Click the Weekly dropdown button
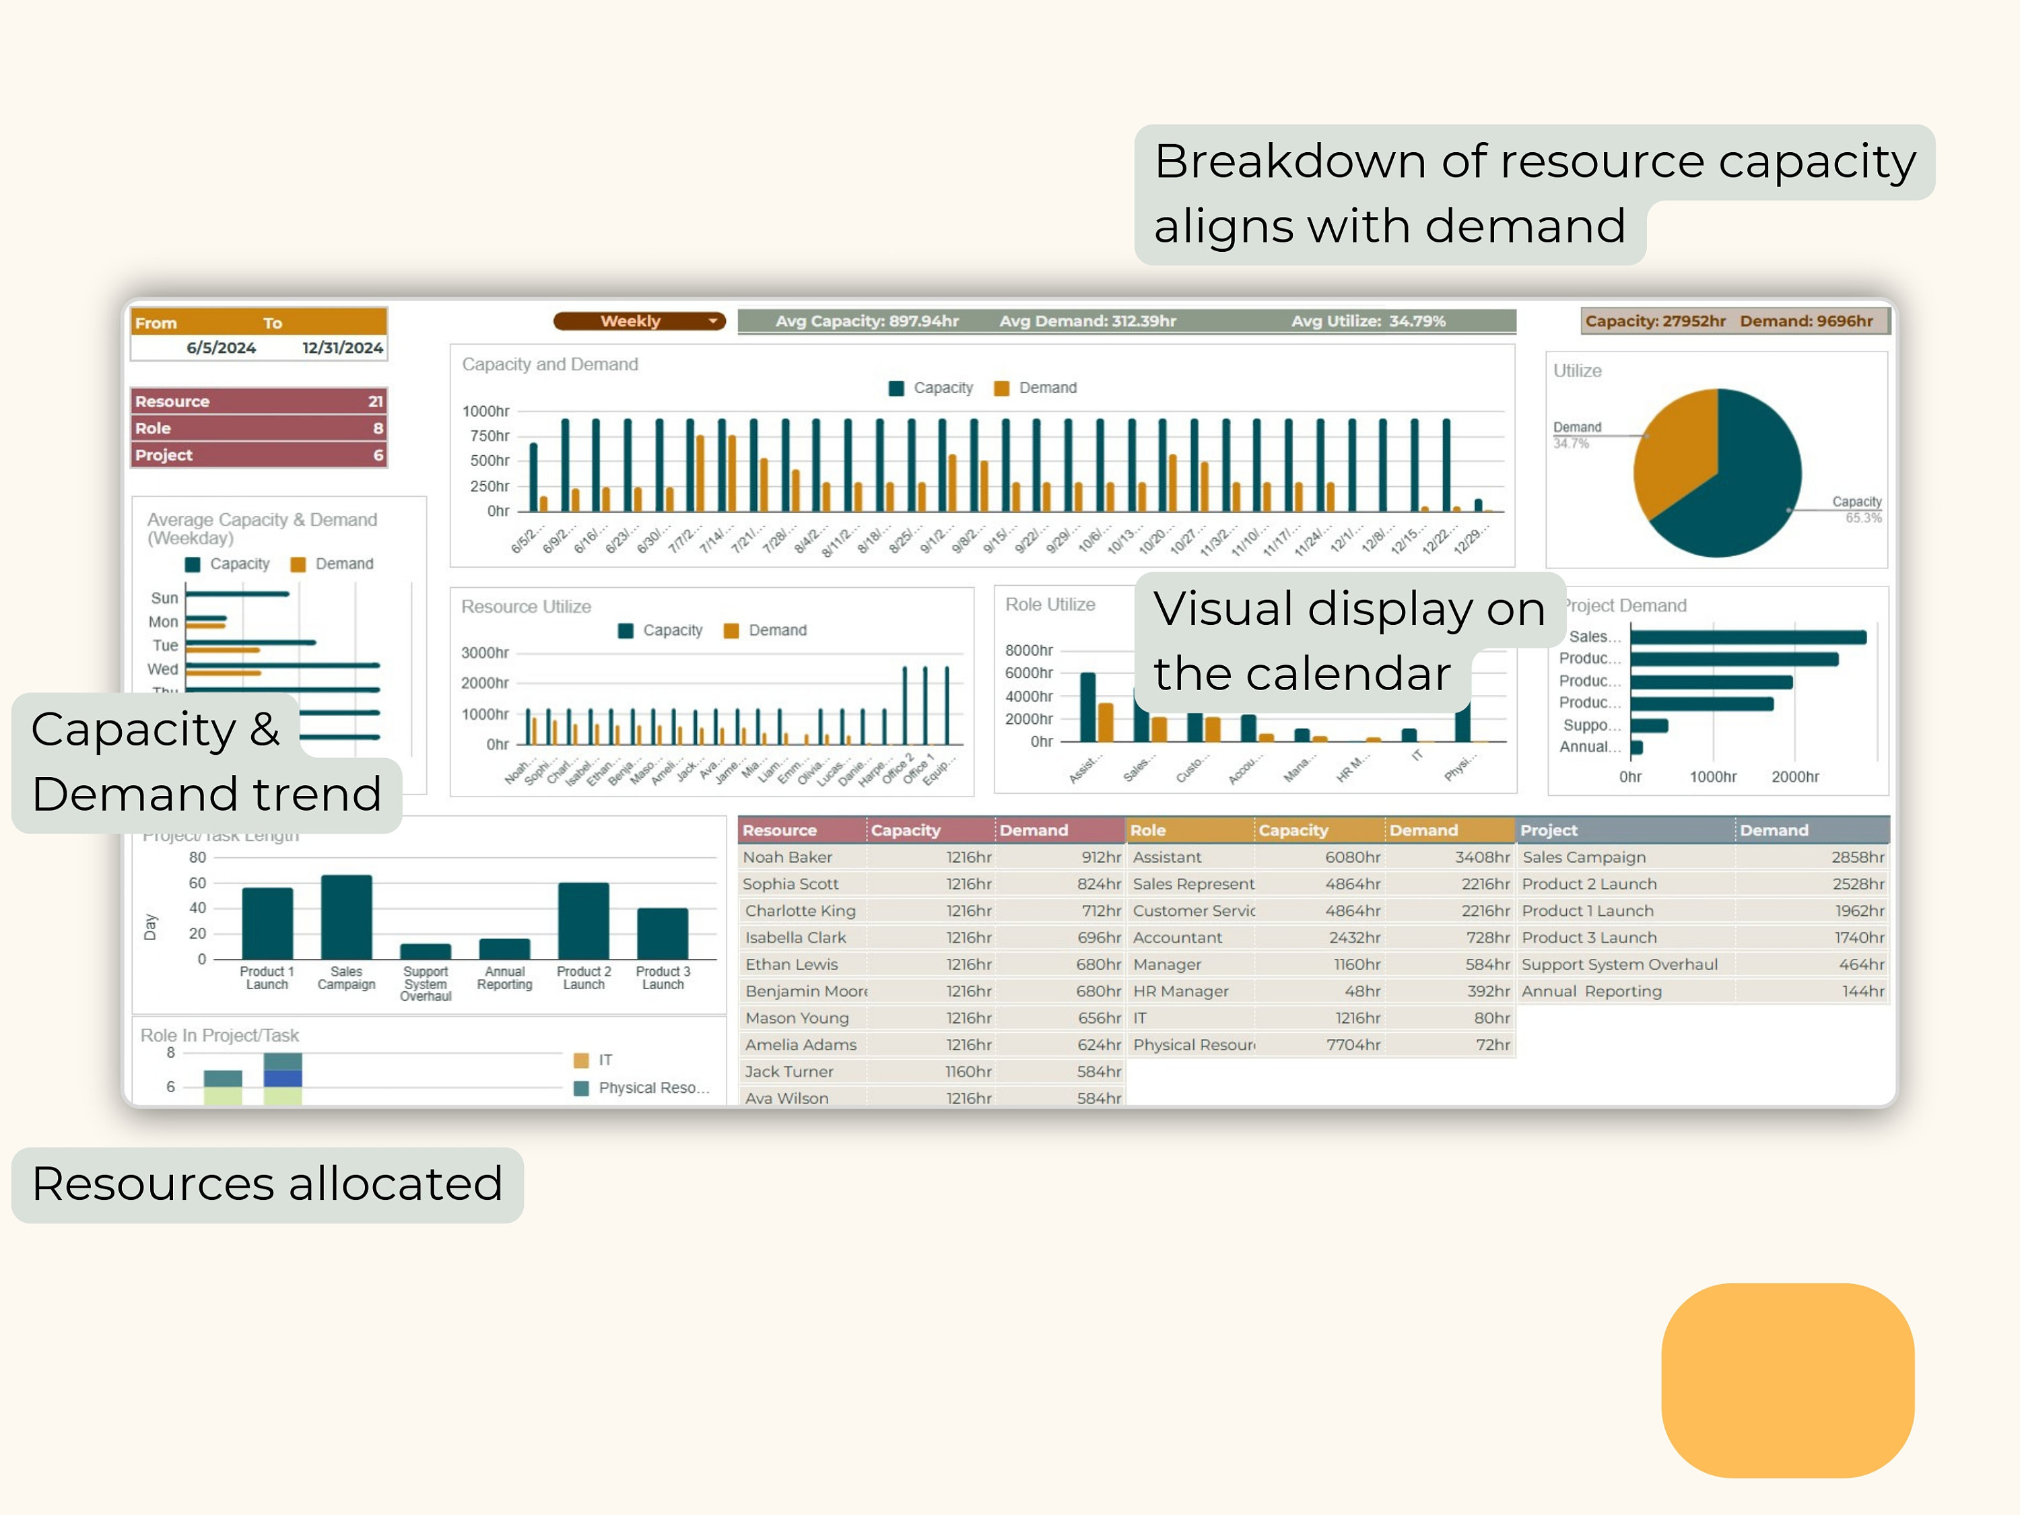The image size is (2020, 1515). tap(638, 321)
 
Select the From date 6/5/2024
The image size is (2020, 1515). tap(221, 348)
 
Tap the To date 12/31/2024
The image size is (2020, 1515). tap(343, 348)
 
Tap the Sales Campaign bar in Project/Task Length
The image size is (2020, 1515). tap(347, 917)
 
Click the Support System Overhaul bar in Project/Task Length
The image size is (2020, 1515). tap(426, 951)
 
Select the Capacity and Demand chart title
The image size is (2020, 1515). tap(549, 364)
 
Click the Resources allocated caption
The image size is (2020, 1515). tap(267, 1184)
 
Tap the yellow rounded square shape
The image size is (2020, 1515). tap(1787, 1380)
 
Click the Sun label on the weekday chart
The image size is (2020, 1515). tap(164, 598)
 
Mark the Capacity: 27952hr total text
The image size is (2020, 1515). tap(1655, 321)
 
